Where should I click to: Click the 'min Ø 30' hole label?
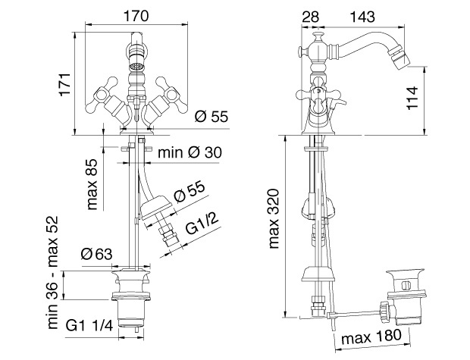click(x=190, y=152)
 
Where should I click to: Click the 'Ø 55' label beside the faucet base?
click(x=211, y=117)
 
